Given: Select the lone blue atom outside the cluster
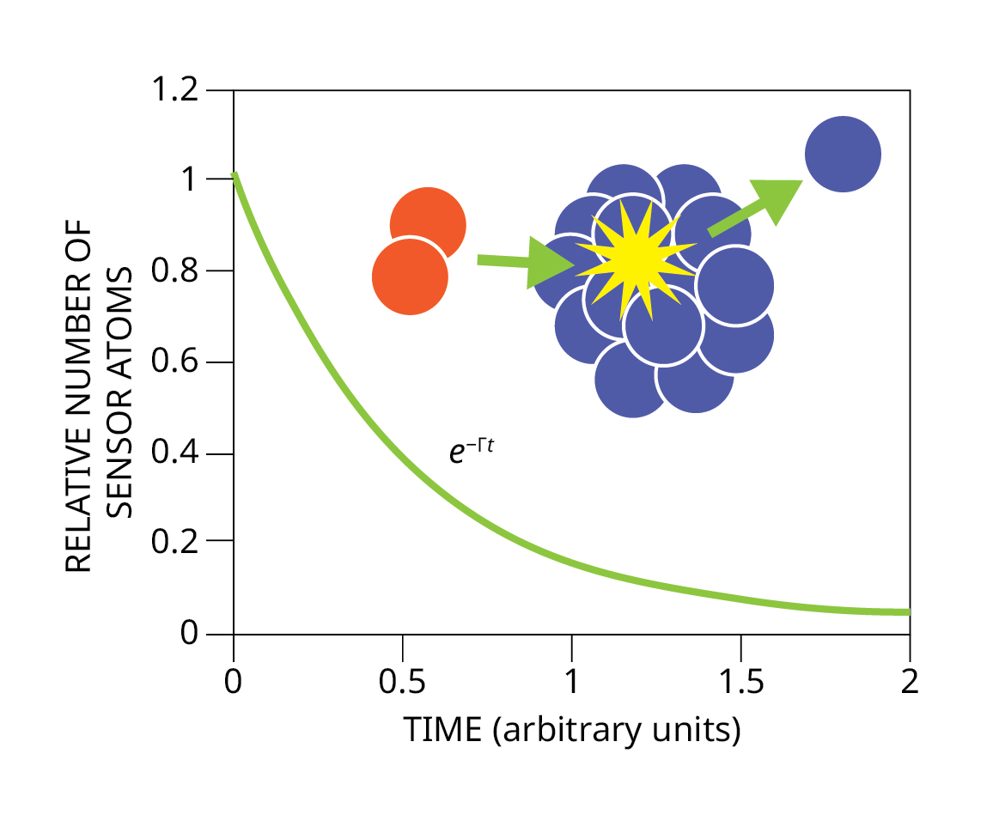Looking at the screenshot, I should (x=843, y=155).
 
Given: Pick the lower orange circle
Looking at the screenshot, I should (x=410, y=277).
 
